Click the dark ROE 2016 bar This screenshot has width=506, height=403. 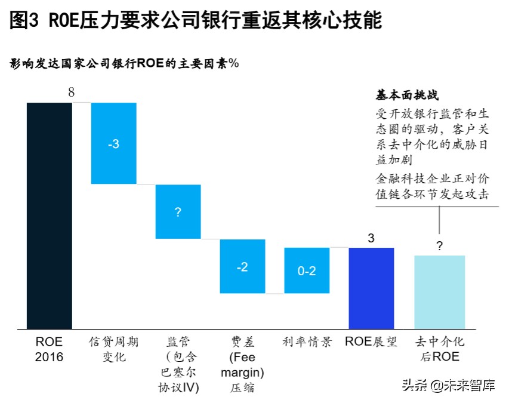(50, 215)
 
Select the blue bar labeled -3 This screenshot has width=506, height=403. (113, 143)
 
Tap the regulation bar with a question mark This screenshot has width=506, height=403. (178, 211)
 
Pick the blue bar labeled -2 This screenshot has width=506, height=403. (242, 266)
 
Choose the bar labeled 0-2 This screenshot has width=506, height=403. (307, 270)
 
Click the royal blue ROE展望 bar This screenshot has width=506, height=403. (371, 288)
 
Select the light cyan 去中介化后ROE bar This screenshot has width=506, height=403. (440, 291)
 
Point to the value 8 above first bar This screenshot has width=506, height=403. (72, 93)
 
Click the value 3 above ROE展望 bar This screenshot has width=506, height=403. (371, 238)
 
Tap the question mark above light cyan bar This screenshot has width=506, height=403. (440, 245)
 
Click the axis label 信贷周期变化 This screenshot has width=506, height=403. (113, 349)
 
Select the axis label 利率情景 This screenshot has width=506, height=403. (307, 342)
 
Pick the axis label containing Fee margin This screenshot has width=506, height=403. (242, 364)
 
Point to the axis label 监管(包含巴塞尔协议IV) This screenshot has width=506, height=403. (178, 364)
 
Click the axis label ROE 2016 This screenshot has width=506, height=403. (50, 349)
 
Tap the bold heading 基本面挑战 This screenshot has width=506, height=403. (403, 95)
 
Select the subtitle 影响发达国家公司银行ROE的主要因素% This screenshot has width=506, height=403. (125, 64)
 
